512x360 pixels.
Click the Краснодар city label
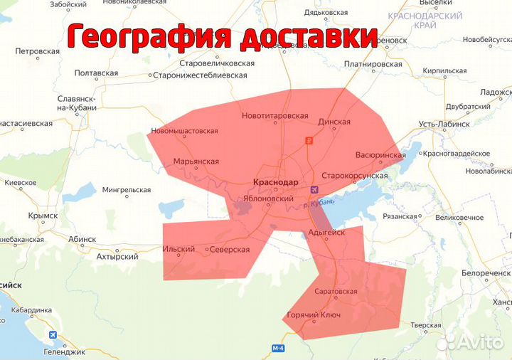(276, 182)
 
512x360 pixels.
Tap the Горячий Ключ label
(314, 315)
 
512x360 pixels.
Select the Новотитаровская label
(275, 116)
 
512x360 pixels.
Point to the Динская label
(334, 122)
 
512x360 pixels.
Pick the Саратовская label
(336, 292)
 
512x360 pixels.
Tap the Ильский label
(179, 250)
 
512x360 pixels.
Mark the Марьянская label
(196, 162)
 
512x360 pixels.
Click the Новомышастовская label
(185, 131)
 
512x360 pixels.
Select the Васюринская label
(380, 155)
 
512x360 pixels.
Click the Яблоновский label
(269, 199)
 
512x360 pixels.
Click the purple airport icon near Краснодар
(314, 189)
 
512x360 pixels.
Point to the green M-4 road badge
(279, 348)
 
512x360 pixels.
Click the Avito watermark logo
(471, 343)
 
